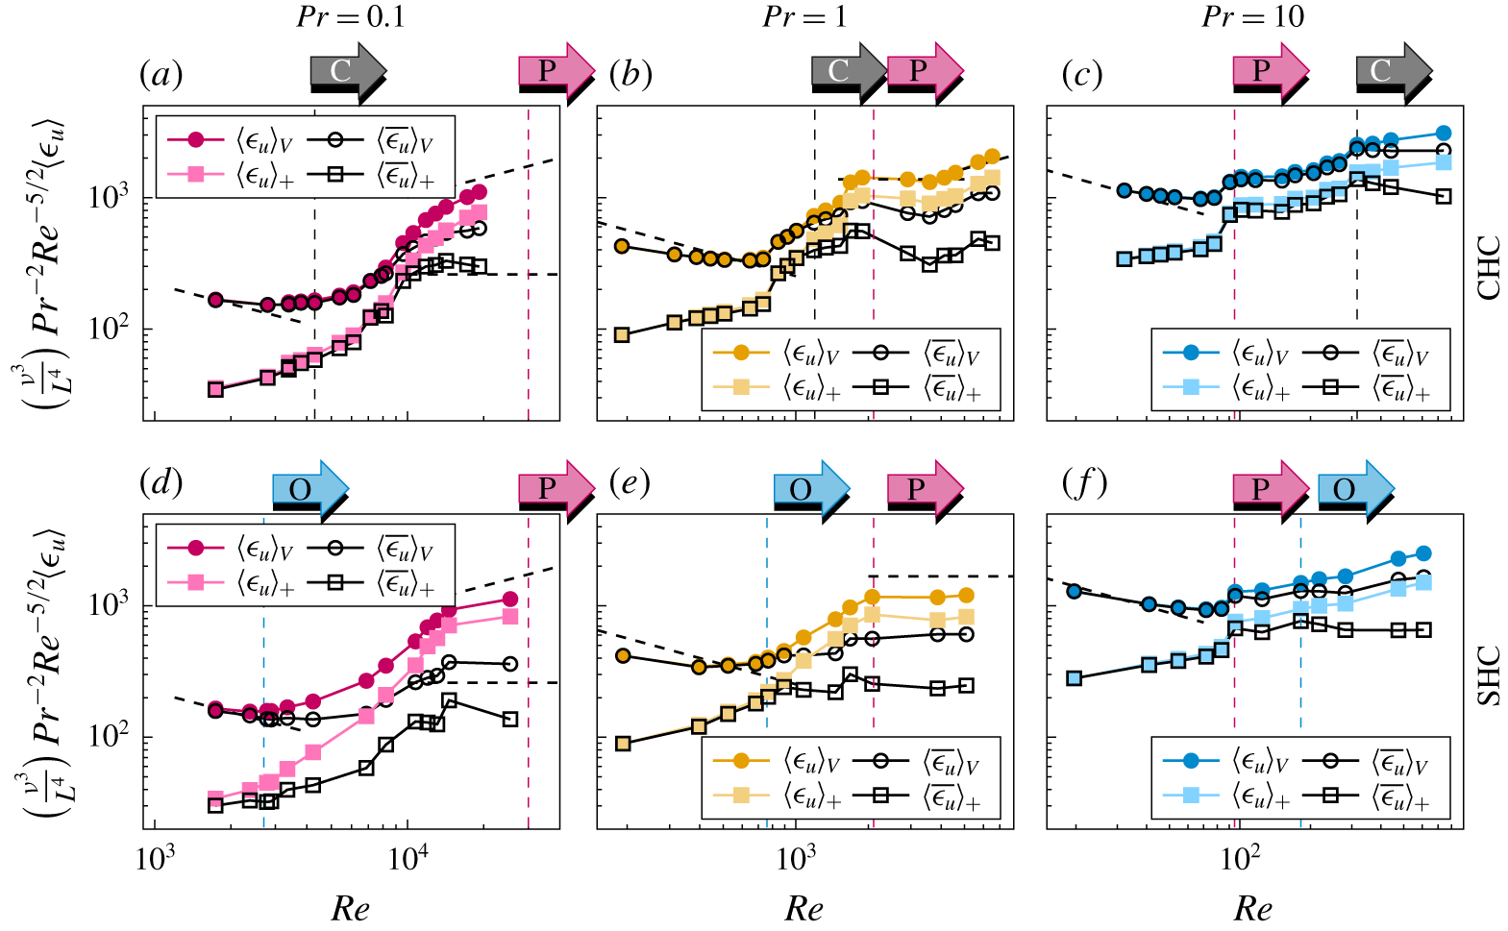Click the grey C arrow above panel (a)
pos(347,71)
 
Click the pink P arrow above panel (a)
pos(556,71)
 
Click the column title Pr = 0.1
pos(350,16)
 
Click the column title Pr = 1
pos(804,16)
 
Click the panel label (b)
pos(630,74)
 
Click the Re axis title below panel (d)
pos(350,907)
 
